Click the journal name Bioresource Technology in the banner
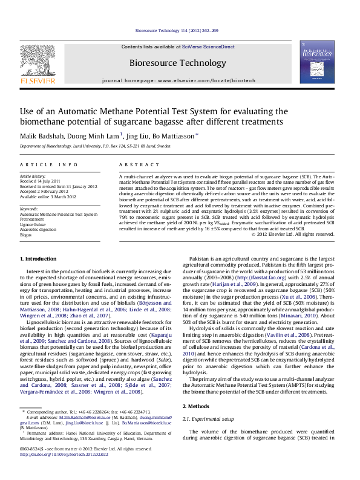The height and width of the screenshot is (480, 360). tap(178, 62)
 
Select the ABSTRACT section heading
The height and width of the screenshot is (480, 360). tap(135, 164)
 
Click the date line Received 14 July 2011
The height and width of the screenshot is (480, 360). tap(40, 181)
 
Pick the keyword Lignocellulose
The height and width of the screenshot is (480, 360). tap(34, 223)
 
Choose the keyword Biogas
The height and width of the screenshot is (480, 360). tap(26, 233)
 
